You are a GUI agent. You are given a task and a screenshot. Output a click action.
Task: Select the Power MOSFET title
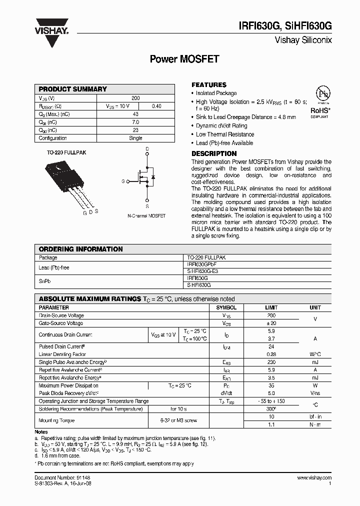pyautogui.click(x=184, y=59)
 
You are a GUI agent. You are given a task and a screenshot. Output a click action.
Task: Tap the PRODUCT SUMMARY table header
pyautogui.click(x=73, y=89)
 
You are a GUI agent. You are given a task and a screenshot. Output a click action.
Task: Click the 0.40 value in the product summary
pyautogui.click(x=156, y=106)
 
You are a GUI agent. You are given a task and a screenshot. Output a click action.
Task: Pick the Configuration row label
pyautogui.click(x=53, y=138)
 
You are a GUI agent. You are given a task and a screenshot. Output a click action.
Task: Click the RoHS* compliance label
pyautogui.click(x=319, y=110)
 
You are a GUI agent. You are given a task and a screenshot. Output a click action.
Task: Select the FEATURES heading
pyautogui.click(x=209, y=85)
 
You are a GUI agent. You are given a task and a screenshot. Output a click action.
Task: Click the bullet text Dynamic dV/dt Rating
pyautogui.click(x=221, y=126)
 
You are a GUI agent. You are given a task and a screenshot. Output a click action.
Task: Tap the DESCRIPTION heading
pyautogui.click(x=214, y=153)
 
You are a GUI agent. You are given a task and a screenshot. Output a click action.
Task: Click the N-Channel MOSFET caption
pyautogui.click(x=146, y=216)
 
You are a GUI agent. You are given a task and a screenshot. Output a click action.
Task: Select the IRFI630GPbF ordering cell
pyautogui.click(x=201, y=264)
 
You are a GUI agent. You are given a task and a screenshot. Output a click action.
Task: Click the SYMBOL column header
pyautogui.click(x=226, y=307)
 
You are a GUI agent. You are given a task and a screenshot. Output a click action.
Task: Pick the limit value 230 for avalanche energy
pyautogui.click(x=271, y=362)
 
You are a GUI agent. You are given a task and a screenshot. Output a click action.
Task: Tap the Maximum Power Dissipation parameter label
pyautogui.click(x=68, y=385)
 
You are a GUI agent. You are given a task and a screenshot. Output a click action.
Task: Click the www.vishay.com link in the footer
pyautogui.click(x=314, y=478)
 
